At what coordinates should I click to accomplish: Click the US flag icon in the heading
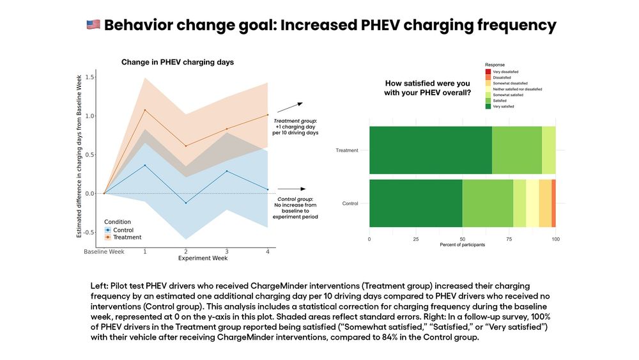(93, 25)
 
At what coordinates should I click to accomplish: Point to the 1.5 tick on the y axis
(90, 77)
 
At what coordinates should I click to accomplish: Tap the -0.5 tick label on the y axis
(89, 232)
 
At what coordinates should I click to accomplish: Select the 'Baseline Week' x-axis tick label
(104, 252)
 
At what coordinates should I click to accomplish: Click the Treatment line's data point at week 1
(145, 110)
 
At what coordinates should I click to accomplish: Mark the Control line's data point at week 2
(186, 203)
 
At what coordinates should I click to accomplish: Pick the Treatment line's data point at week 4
(268, 115)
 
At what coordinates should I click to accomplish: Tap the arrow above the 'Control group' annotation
(291, 189)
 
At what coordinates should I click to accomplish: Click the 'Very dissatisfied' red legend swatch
(489, 72)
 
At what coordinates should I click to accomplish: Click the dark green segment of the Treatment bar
(430, 150)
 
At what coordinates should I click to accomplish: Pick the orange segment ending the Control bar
(553, 203)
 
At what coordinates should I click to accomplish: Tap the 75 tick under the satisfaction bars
(509, 239)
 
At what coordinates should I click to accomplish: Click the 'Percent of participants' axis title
(462, 245)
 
